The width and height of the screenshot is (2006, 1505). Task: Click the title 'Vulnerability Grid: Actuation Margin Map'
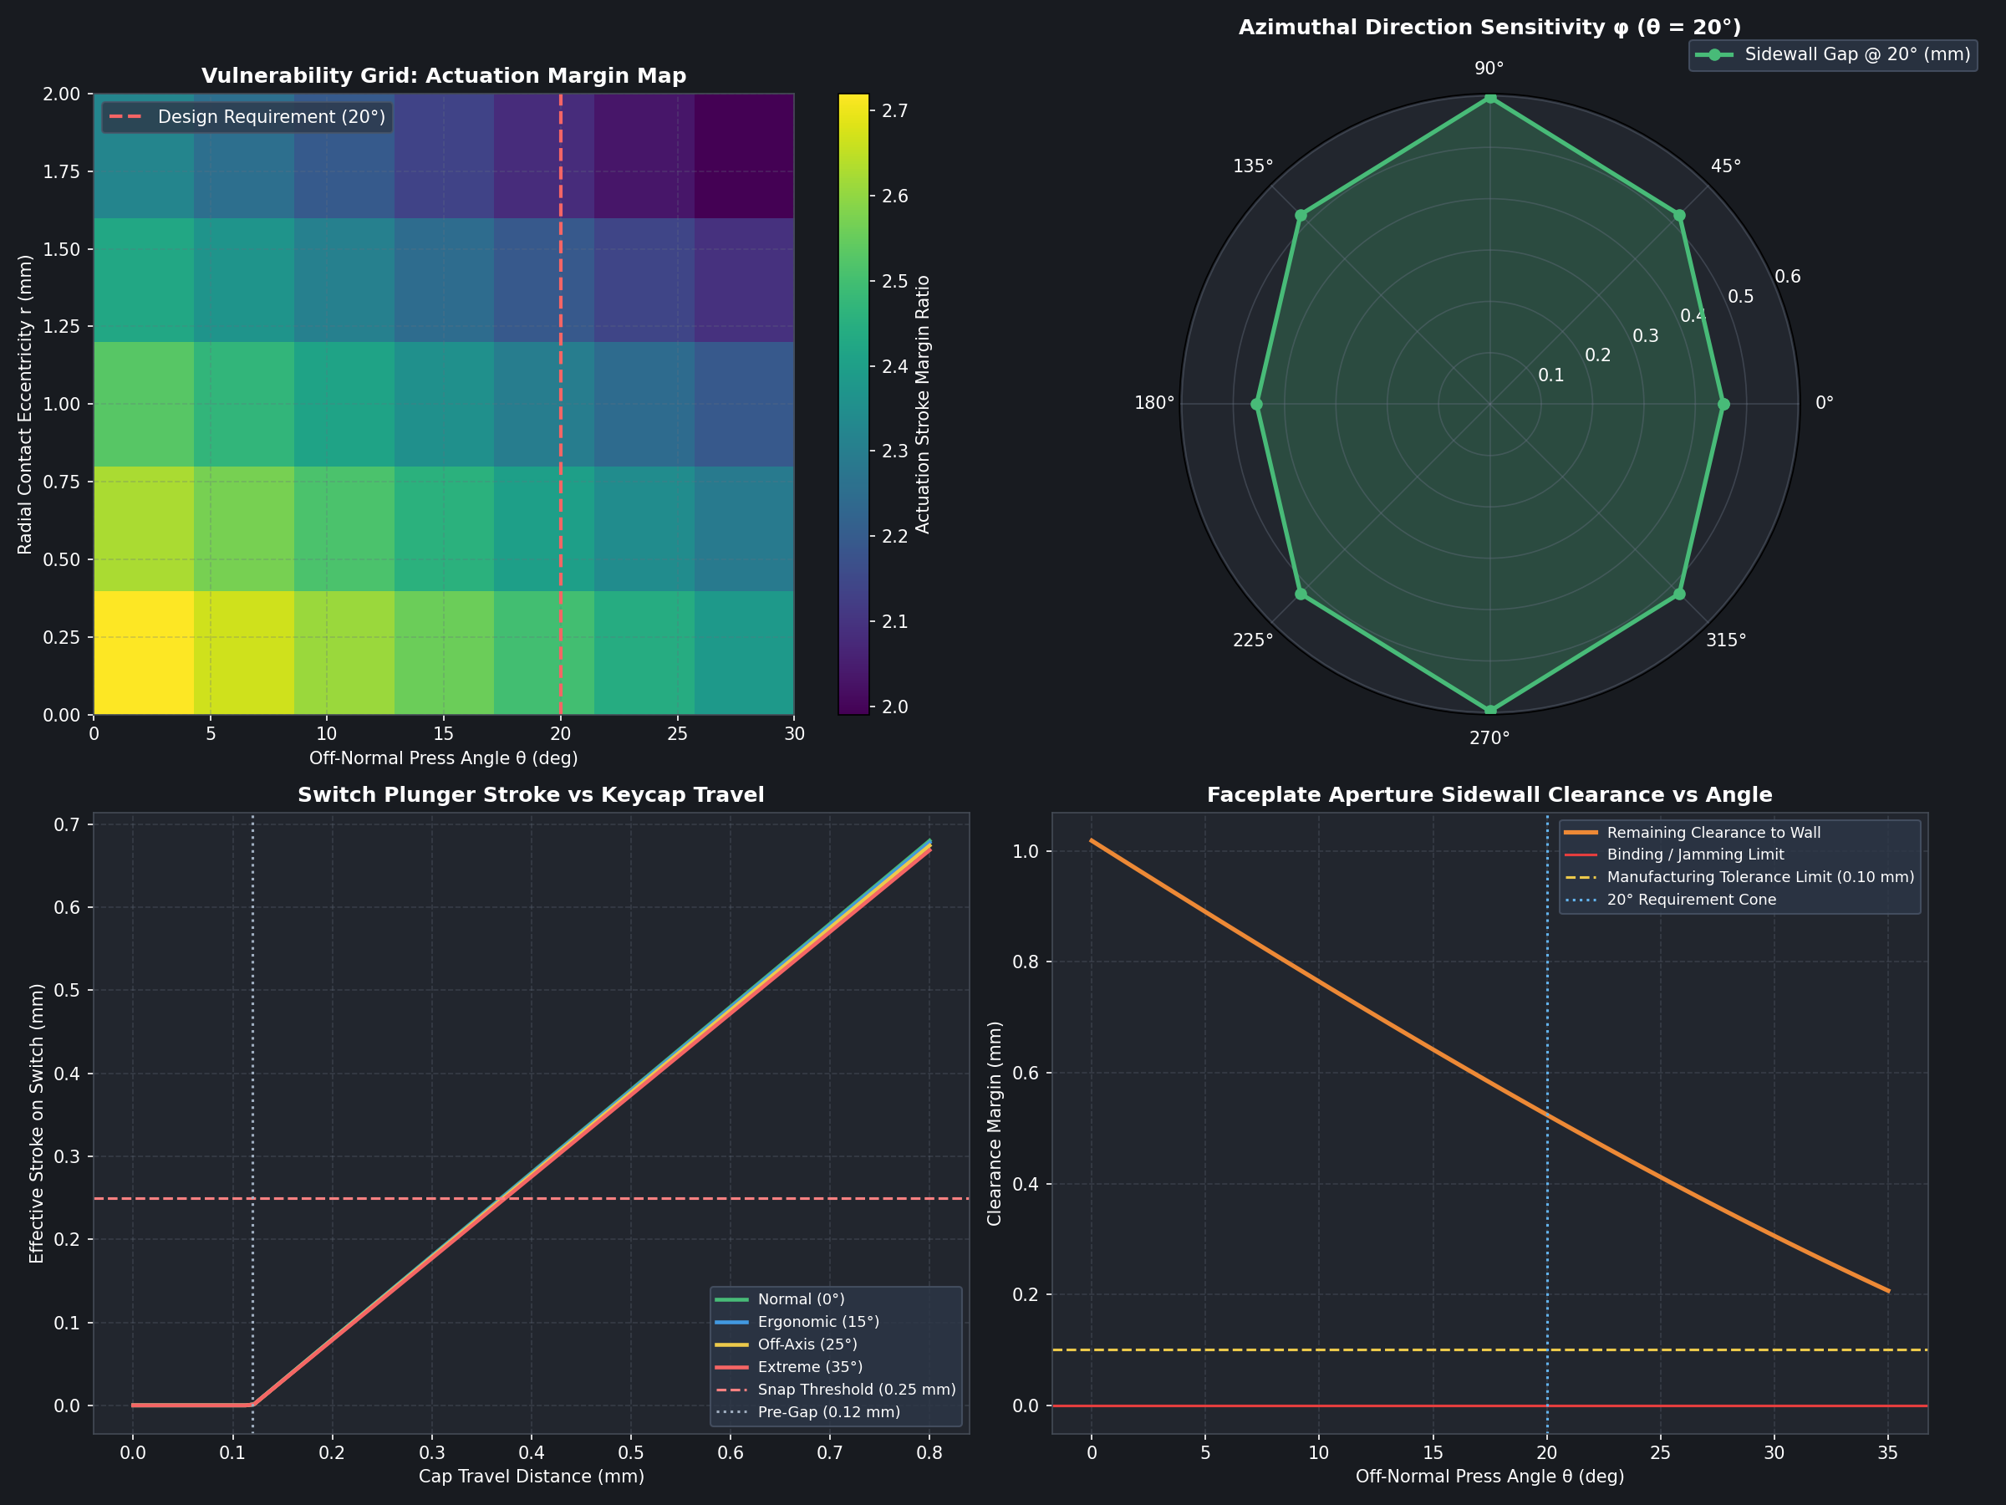(x=444, y=75)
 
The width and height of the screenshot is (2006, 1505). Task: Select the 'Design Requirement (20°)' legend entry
(x=247, y=117)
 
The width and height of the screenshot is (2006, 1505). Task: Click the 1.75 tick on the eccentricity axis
(x=63, y=171)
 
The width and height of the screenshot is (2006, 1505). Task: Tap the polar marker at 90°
(x=1489, y=98)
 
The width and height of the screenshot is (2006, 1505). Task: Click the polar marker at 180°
(x=1257, y=404)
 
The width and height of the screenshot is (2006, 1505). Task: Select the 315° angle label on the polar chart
(x=1725, y=640)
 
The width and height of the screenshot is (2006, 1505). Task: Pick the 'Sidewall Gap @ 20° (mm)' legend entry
(x=1833, y=54)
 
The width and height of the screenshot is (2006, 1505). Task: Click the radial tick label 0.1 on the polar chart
(x=1550, y=375)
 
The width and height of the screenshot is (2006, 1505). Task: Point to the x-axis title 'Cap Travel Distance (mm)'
(x=532, y=1476)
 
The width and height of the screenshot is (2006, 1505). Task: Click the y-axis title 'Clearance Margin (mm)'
(x=995, y=1123)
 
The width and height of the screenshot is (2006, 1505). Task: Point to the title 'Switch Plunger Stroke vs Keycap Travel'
(x=532, y=794)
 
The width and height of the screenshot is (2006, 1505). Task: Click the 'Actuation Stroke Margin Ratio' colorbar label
(x=924, y=405)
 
